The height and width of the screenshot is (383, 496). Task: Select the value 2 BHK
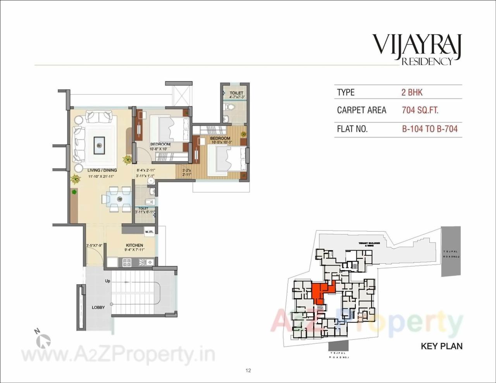coord(412,93)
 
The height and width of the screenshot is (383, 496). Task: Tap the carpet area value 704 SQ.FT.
coord(420,110)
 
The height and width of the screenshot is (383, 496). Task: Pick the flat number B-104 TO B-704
coord(430,129)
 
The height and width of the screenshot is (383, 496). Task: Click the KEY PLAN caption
coord(441,346)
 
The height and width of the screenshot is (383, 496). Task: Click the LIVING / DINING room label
coord(102,170)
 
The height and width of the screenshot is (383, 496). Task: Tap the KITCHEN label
coord(134,245)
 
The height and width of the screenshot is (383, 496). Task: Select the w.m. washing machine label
coord(149,232)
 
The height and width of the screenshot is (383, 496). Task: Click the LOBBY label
coord(98,307)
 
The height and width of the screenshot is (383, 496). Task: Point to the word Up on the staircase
coord(108,281)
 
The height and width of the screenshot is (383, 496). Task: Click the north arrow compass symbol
coord(43,340)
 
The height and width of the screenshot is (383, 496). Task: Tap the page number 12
coord(248,371)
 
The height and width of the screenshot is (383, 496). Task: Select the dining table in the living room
coord(116,199)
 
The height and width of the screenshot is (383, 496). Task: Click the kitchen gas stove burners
coord(127,262)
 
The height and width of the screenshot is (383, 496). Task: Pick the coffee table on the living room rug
coord(100,145)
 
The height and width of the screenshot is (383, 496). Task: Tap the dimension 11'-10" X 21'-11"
coord(102,177)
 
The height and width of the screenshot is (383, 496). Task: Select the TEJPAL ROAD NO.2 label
coord(451,254)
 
